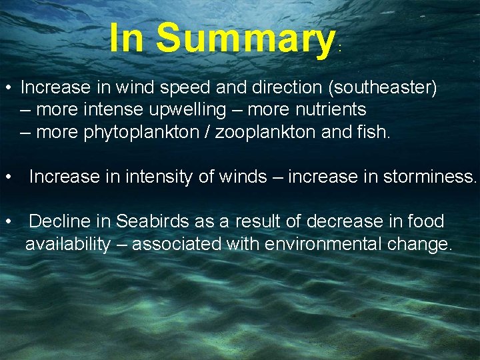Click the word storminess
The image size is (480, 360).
pos(430,177)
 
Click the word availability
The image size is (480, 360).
pos(67,244)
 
